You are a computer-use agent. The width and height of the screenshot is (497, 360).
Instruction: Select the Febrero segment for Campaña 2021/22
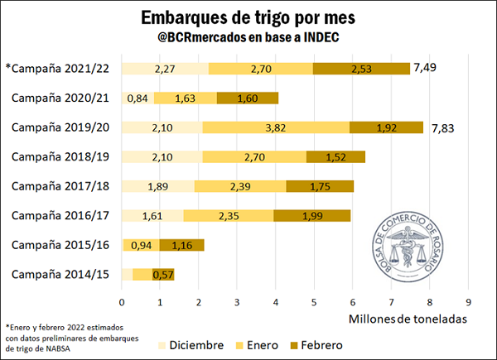pyautogui.click(x=361, y=69)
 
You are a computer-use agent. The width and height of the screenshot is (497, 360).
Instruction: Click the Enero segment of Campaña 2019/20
pyautogui.click(x=276, y=127)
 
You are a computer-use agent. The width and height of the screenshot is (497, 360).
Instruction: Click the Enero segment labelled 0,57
pyautogui.click(x=162, y=275)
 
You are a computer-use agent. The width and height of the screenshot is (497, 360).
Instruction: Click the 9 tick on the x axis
pyautogui.click(x=469, y=301)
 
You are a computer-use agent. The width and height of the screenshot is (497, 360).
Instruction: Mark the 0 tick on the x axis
pyautogui.click(x=122, y=301)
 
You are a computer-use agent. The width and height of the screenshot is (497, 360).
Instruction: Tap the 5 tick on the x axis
pyautogui.click(x=315, y=301)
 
